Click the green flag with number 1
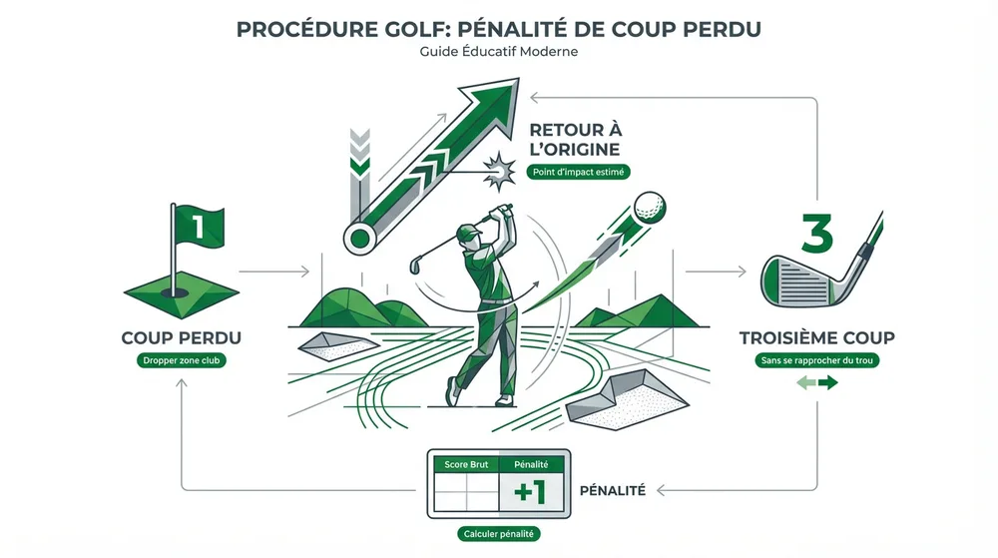point(198,227)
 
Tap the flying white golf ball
point(651,207)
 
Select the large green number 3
point(816,232)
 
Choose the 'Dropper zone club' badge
point(181,360)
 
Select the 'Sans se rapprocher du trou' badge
point(816,360)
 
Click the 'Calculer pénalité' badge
point(499,535)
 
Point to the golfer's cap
point(466,233)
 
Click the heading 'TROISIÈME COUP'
point(816,337)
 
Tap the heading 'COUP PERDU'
point(181,337)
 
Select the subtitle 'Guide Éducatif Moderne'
point(499,52)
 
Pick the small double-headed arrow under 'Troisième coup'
point(816,383)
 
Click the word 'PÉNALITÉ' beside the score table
point(612,491)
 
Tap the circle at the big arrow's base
point(357,238)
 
